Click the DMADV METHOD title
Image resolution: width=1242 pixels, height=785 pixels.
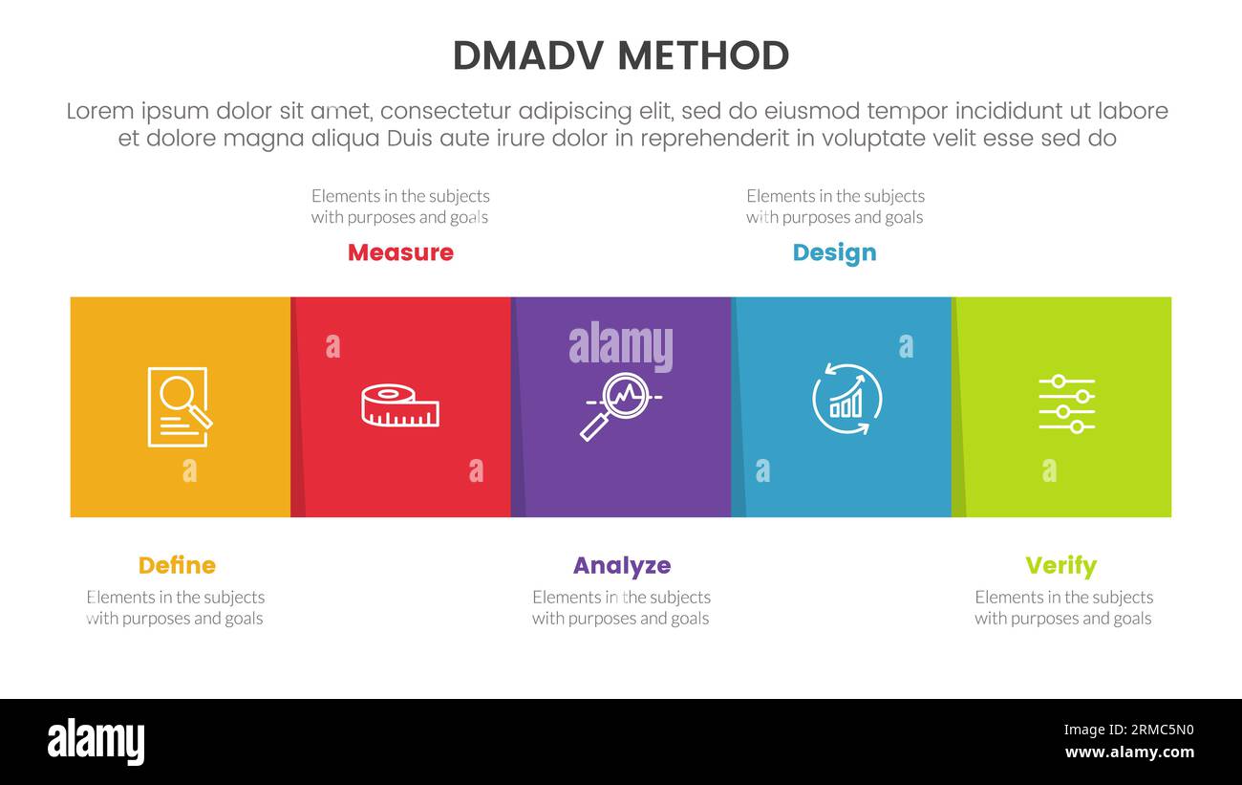pos(621,56)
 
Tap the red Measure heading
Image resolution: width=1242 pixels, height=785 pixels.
pos(400,252)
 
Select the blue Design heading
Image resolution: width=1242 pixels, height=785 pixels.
pos(834,252)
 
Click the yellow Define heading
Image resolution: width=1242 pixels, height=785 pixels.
pos(177,565)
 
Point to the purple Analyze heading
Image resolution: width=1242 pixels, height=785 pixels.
pos(621,565)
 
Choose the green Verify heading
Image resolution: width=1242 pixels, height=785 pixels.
pos(1060,565)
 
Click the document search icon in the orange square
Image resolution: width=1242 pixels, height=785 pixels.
pos(179,406)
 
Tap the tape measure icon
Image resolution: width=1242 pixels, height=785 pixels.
pos(400,406)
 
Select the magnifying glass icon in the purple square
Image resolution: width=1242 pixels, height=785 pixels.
pos(618,405)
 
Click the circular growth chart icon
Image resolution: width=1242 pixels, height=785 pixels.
pos(846,400)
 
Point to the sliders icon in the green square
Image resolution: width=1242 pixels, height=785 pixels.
pos(1066,403)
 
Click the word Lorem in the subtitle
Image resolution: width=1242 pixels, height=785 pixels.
pos(100,111)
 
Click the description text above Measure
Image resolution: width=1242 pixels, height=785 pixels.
pos(400,207)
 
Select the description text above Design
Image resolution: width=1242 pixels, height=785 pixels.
pos(835,207)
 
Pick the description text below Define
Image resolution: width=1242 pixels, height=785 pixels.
pos(175,607)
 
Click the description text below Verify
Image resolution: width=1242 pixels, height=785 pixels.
pos(1063,607)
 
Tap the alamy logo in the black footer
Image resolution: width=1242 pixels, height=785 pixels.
pos(96,742)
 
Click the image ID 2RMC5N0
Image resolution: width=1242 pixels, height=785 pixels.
pos(1128,730)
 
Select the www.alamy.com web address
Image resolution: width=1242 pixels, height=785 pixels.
pos(1128,752)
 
